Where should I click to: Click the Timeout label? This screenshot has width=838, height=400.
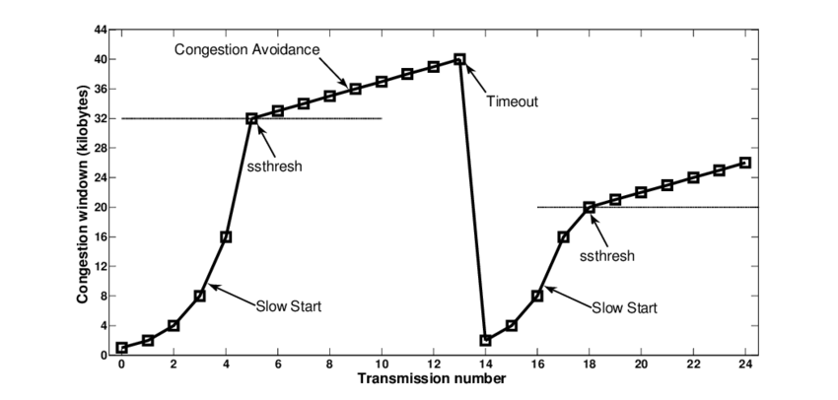click(x=513, y=100)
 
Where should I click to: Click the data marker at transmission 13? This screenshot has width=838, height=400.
click(x=459, y=59)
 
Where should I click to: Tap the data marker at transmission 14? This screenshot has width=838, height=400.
click(x=485, y=340)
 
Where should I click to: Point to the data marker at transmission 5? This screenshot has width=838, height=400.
click(x=251, y=118)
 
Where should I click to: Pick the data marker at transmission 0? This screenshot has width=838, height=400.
click(x=121, y=348)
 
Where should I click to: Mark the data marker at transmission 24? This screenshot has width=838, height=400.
click(x=745, y=163)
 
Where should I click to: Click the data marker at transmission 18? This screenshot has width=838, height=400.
click(x=590, y=207)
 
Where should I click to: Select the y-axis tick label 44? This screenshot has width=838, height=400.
click(x=101, y=30)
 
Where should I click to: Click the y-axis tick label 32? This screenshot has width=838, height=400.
click(x=101, y=118)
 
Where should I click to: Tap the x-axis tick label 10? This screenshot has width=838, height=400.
click(x=382, y=365)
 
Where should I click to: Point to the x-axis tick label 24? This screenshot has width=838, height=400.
click(x=745, y=365)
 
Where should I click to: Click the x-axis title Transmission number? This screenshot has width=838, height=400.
click(x=432, y=379)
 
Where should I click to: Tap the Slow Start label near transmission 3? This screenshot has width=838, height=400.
click(x=288, y=306)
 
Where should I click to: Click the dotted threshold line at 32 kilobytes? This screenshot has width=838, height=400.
click(x=177, y=118)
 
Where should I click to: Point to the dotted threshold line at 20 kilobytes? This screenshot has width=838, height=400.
click(x=690, y=207)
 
